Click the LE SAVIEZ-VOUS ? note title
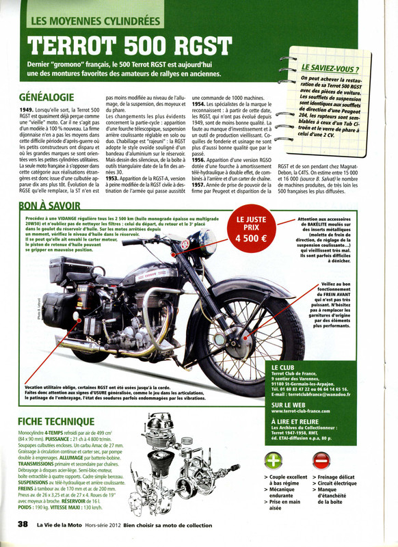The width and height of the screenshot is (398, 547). pyautogui.click(x=331, y=69)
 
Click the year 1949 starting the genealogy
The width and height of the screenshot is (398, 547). pyautogui.click(x=27, y=110)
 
